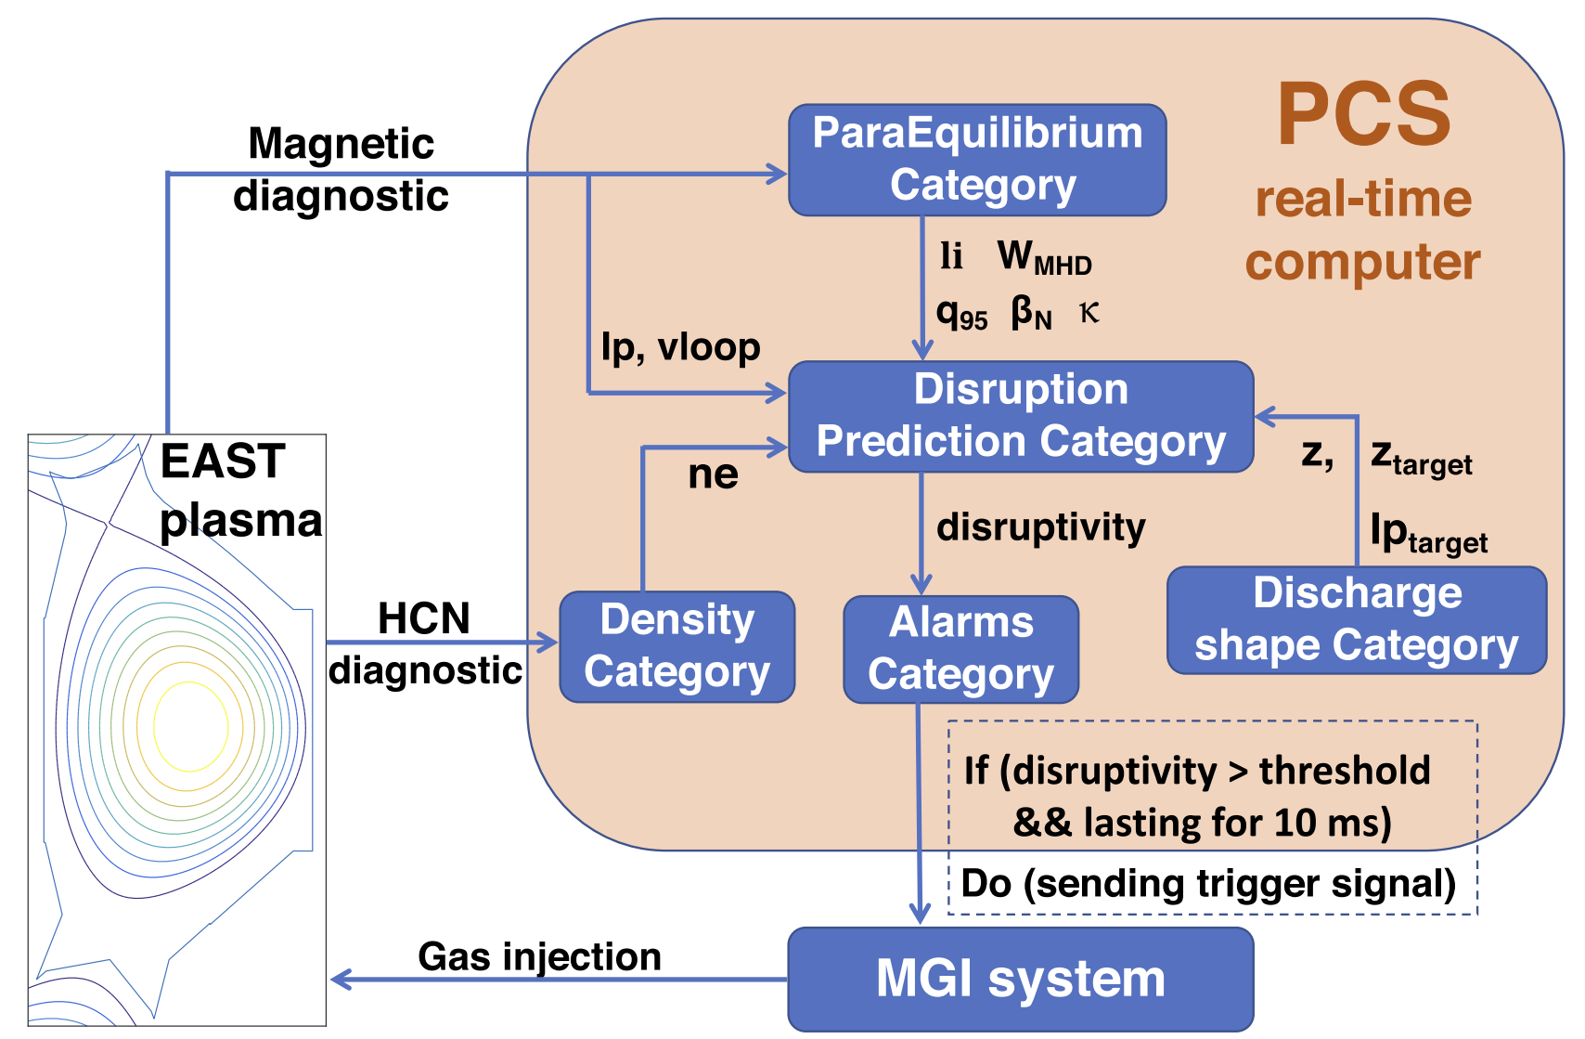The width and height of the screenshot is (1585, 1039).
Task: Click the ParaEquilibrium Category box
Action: click(977, 160)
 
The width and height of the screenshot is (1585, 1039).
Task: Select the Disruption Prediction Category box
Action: click(1021, 416)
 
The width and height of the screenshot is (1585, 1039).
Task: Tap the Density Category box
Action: click(677, 646)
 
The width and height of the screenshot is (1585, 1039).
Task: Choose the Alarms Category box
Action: click(960, 649)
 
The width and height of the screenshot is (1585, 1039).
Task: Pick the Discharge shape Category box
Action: click(1357, 619)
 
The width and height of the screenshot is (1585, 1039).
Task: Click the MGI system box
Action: click(1021, 979)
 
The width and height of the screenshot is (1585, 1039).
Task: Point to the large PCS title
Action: click(1363, 115)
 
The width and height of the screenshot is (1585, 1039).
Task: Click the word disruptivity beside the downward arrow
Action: click(1041, 527)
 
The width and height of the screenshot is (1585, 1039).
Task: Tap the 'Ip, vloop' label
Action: click(680, 347)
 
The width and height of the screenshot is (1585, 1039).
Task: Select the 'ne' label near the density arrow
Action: click(713, 474)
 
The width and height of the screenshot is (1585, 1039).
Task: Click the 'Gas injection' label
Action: click(539, 956)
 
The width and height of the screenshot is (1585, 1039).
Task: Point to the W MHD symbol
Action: click(1044, 257)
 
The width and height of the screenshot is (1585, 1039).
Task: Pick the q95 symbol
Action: click(961, 315)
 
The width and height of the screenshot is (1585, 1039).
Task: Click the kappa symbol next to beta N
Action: click(1089, 313)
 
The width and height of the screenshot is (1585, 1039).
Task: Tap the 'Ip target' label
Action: click(1428, 533)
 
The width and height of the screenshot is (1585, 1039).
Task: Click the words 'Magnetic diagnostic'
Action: click(341, 170)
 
